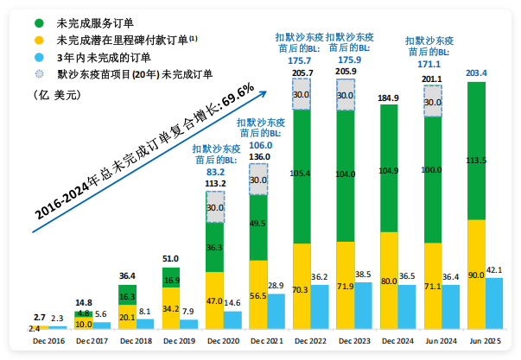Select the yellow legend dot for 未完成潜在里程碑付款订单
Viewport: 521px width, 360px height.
click(x=39, y=40)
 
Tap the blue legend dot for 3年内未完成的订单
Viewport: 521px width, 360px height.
click(x=39, y=58)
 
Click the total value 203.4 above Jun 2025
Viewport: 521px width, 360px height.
click(x=476, y=73)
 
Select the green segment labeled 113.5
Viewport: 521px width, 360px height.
click(x=476, y=151)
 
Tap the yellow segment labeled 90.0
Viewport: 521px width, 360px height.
click(x=476, y=275)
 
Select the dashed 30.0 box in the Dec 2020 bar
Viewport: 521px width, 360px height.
click(x=215, y=207)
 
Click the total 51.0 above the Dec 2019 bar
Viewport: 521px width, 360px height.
click(x=172, y=258)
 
